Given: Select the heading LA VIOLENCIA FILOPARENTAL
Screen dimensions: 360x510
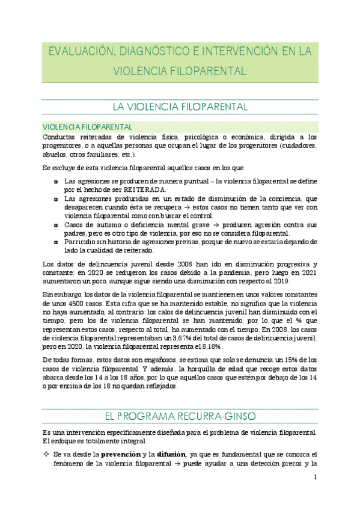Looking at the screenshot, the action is [180, 107].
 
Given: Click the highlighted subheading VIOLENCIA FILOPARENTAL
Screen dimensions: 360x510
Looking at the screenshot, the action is [87, 127].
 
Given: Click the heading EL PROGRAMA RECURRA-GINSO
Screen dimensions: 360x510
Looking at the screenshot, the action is [180, 416].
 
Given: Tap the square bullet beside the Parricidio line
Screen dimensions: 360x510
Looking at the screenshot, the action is [56, 242].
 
